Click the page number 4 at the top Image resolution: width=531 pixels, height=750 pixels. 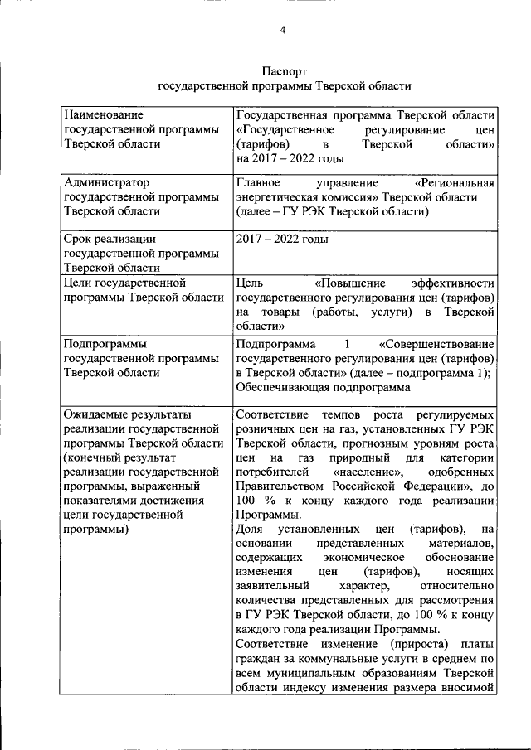282,31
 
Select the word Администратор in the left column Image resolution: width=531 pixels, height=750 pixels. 105,181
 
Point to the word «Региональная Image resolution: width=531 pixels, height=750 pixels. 454,181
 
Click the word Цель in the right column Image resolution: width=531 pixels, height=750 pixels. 250,283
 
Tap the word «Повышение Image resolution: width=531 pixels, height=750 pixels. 345,283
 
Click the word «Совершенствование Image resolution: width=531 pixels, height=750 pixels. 436,344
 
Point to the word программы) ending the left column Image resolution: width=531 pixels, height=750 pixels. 99,529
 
